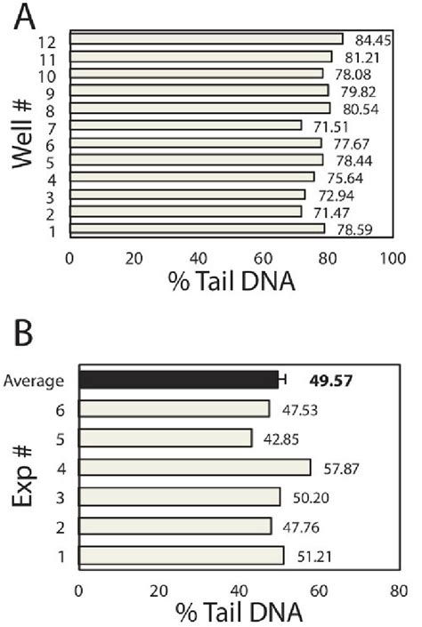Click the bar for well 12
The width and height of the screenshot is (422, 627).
206,39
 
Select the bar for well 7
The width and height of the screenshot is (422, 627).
185,125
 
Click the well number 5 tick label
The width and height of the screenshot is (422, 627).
54,160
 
